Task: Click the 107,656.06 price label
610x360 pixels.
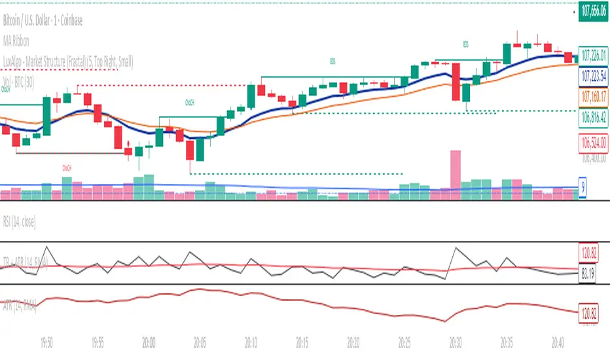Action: [x=593, y=11]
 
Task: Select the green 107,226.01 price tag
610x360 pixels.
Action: [x=593, y=54]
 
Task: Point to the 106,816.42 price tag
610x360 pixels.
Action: [x=593, y=119]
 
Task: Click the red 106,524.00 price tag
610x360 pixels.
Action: [x=593, y=141]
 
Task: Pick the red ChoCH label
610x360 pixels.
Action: [x=67, y=168]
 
